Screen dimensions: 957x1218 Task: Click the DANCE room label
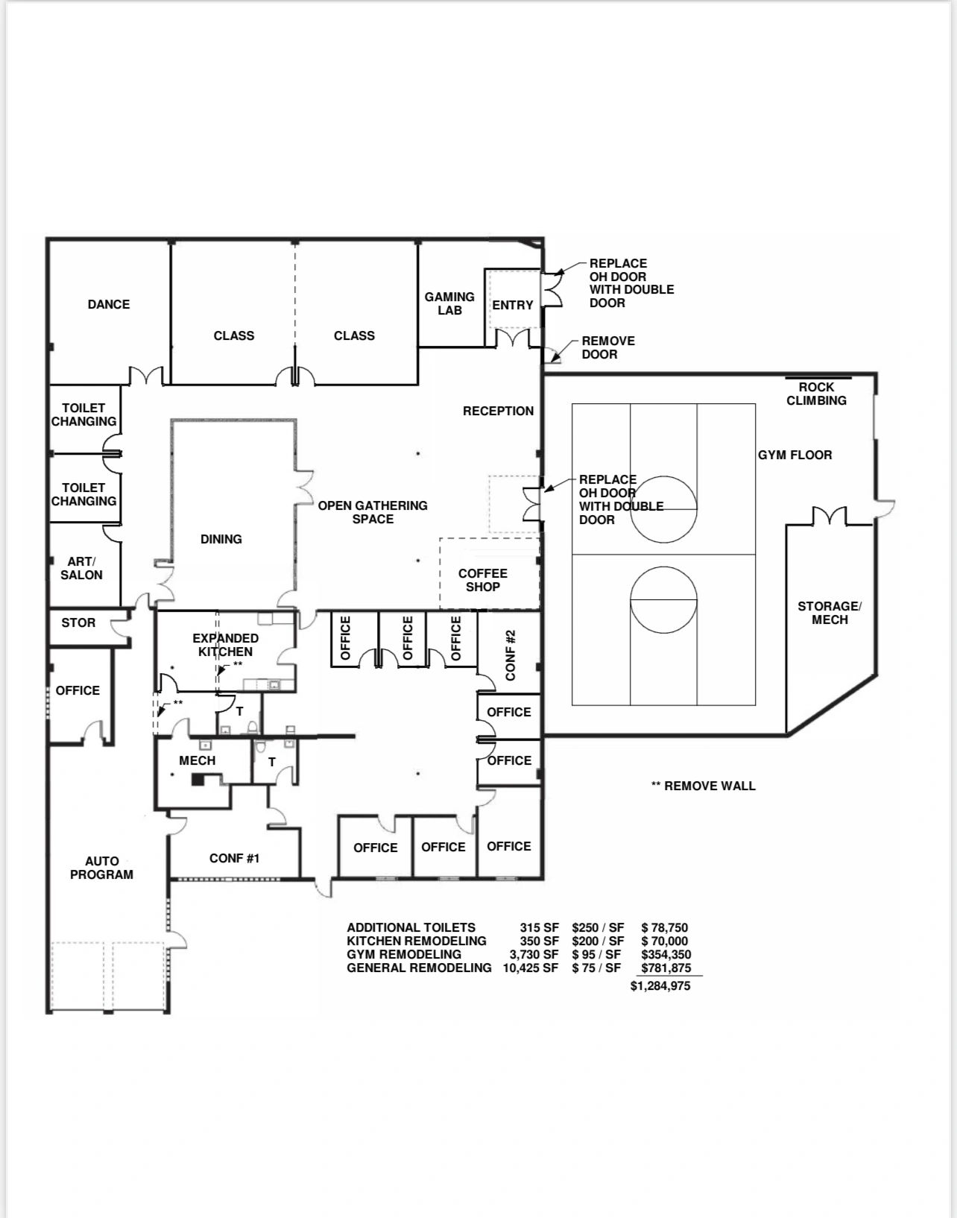[x=109, y=304]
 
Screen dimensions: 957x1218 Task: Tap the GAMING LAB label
[x=449, y=303]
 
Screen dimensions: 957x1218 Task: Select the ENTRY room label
[x=513, y=305]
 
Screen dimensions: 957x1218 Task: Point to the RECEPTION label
[x=498, y=411]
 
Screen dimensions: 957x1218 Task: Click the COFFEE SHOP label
[x=483, y=580]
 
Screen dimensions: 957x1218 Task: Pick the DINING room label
[x=221, y=539]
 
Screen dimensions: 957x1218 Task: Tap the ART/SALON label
[x=82, y=568]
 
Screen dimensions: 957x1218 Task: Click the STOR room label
[x=78, y=622]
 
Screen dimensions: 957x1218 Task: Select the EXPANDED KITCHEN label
[x=225, y=645]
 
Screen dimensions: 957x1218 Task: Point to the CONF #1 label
[x=234, y=859]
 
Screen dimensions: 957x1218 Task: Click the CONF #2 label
[x=510, y=655]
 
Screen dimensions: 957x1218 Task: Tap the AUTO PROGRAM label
[x=101, y=868]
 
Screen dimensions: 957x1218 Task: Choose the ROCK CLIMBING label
[x=816, y=394]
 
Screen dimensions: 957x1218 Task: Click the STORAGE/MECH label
[x=830, y=613]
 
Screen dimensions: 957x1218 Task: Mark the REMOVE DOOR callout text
[x=608, y=347]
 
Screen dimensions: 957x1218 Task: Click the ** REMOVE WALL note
[x=703, y=786]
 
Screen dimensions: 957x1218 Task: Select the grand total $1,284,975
[x=660, y=986]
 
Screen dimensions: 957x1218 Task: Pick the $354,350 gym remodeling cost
[x=666, y=955]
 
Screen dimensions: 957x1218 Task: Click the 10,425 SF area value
[x=531, y=968]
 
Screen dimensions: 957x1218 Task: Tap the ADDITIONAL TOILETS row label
[x=411, y=927]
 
